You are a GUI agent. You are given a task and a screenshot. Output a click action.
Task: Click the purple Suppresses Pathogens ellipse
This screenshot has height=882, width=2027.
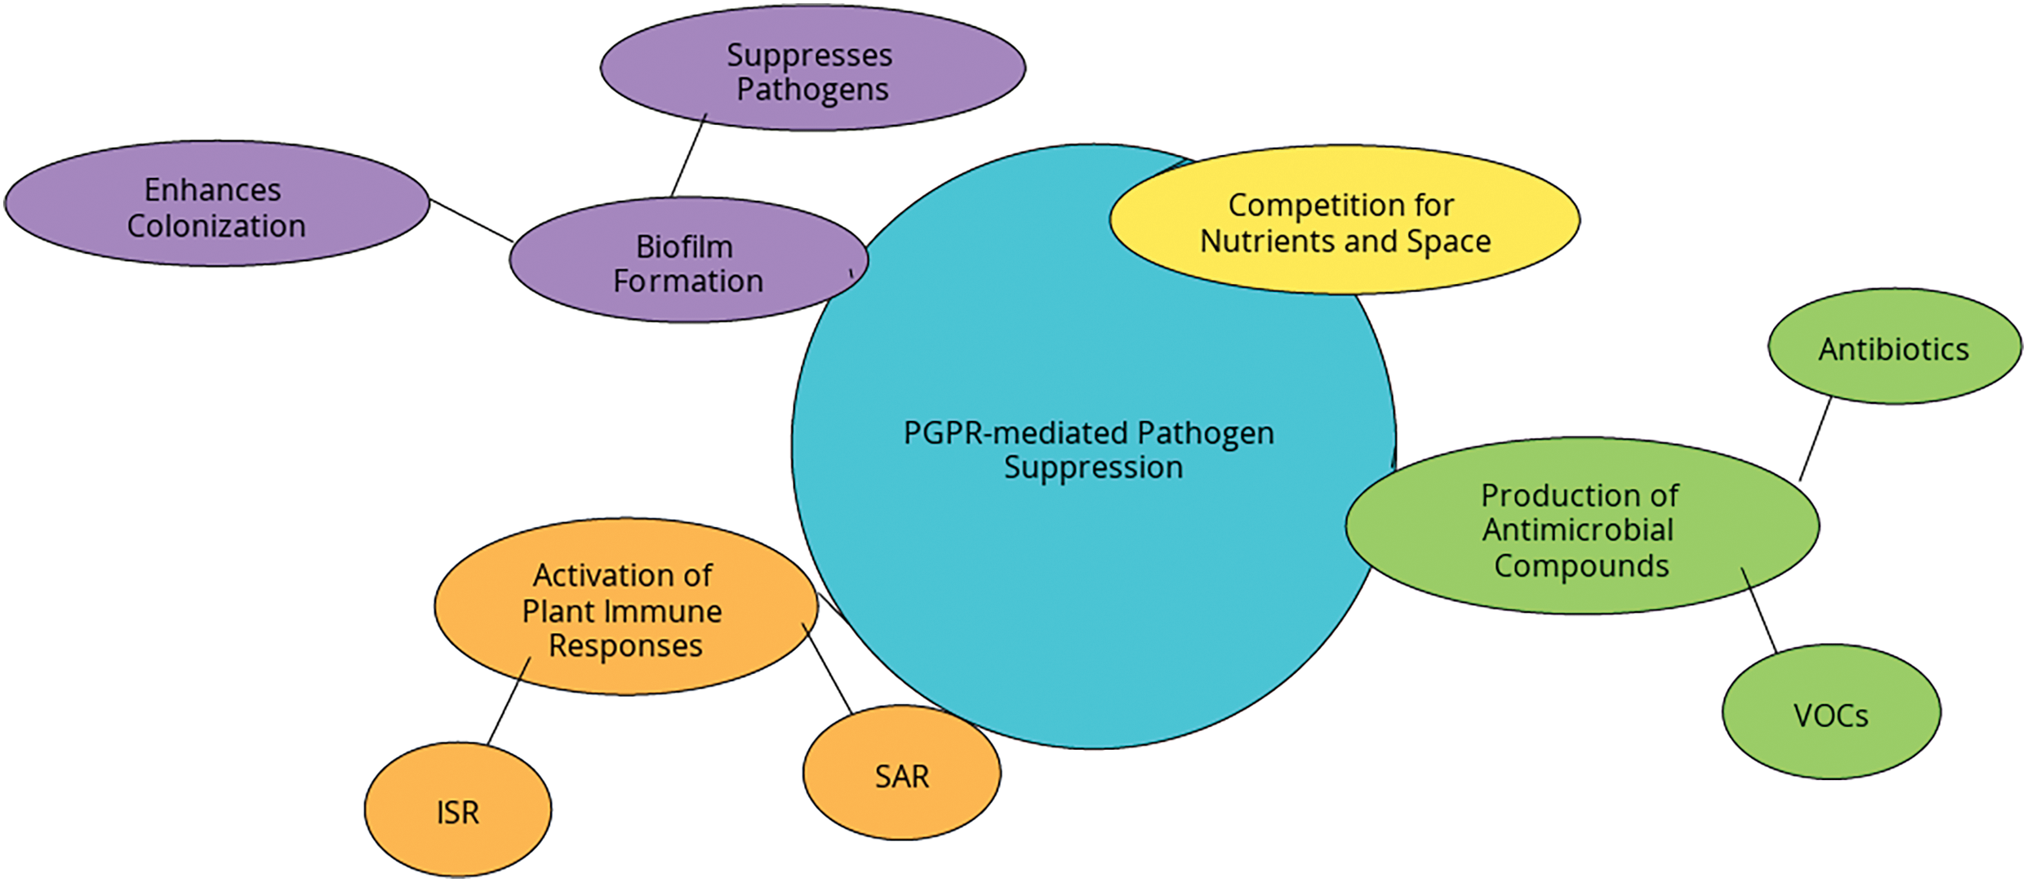coord(813,68)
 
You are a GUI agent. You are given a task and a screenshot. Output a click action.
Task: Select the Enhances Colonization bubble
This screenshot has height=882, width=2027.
coord(217,203)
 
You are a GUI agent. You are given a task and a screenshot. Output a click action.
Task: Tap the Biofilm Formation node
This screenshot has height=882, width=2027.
coord(689,259)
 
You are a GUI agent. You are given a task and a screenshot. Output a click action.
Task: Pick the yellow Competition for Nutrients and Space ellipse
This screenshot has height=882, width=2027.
coord(1345,219)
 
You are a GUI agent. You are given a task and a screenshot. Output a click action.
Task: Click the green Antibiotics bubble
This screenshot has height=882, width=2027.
coord(1895,346)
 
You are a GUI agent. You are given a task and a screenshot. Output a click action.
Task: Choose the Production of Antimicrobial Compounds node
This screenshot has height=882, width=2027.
coord(1582,525)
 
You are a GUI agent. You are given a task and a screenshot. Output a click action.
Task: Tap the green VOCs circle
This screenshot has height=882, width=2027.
coord(1832,711)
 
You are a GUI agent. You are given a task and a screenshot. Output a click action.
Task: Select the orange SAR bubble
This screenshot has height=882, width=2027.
coord(902,772)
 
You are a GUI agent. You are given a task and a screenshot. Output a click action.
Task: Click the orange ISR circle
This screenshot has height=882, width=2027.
coord(458,809)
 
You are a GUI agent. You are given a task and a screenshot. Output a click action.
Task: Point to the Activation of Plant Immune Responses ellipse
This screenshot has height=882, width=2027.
coord(626,606)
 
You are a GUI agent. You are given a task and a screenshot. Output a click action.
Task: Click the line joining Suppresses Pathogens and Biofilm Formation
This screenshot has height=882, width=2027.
coord(689,155)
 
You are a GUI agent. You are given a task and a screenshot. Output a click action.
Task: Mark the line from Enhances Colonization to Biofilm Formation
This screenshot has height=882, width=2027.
coord(472,220)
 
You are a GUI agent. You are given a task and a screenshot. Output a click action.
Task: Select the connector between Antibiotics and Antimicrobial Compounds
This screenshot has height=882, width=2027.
coord(1816,439)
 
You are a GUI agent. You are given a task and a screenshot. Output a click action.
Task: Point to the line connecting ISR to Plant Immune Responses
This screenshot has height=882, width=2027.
coord(509,701)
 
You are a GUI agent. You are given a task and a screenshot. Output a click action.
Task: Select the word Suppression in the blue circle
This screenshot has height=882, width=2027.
coord(1093,468)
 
